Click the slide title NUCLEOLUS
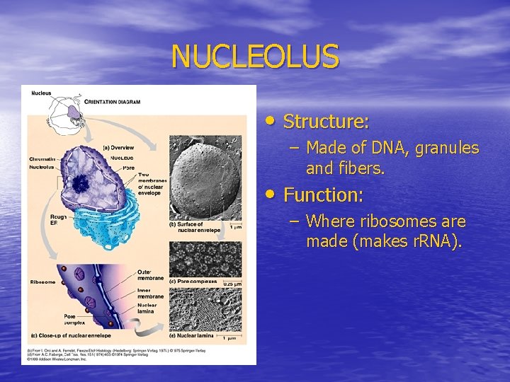pyautogui.click(x=255, y=57)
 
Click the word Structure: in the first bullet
pyautogui.click(x=326, y=122)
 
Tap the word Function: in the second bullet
pyautogui.click(x=324, y=195)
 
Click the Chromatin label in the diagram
pyautogui.click(x=43, y=158)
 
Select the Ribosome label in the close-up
pyautogui.click(x=42, y=282)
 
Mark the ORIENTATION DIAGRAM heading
pyautogui.click(x=113, y=102)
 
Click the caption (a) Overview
pyautogui.click(x=119, y=147)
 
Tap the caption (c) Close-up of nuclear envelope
pyautogui.click(x=71, y=335)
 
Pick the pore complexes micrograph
pyautogui.click(x=205, y=258)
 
